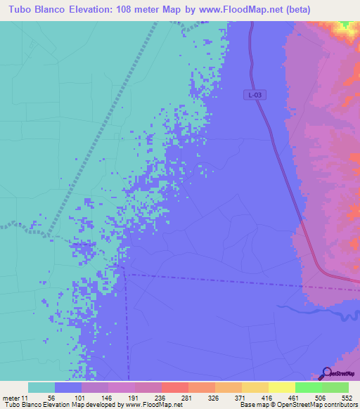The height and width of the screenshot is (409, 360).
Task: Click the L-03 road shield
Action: click(255, 94)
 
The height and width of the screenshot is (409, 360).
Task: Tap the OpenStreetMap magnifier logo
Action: click(326, 372)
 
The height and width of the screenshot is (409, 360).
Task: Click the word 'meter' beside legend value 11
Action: click(12, 398)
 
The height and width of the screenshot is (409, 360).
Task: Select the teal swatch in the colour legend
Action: click(41, 387)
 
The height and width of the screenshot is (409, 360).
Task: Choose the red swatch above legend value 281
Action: click(174, 387)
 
